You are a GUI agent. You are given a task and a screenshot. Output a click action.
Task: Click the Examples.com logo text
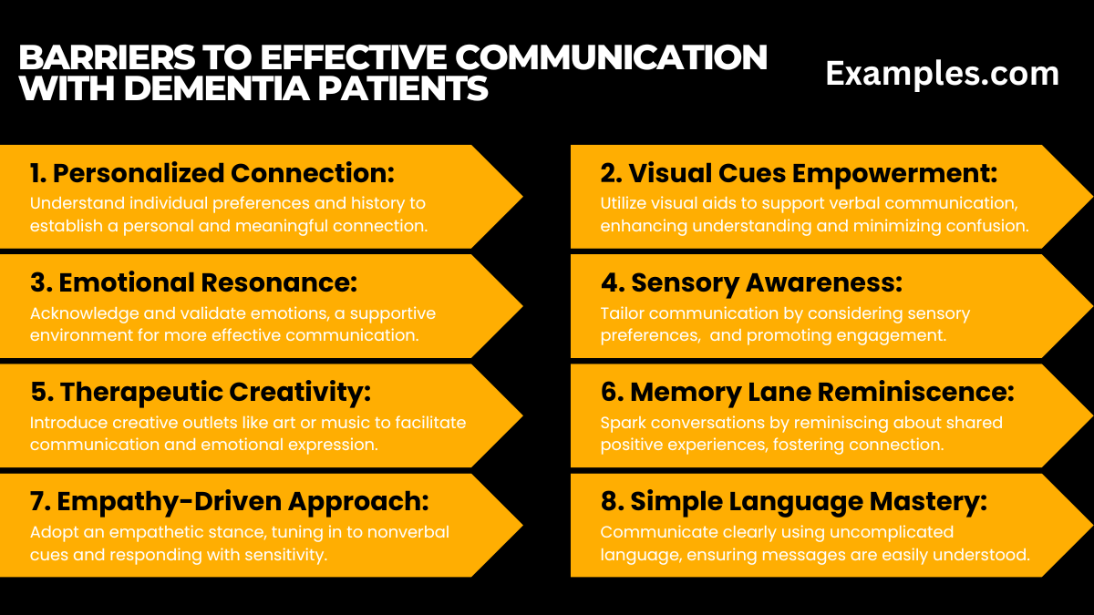click(x=942, y=74)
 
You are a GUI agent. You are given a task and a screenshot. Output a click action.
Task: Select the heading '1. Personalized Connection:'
click(x=212, y=173)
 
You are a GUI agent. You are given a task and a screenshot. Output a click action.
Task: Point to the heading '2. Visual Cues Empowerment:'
click(x=800, y=173)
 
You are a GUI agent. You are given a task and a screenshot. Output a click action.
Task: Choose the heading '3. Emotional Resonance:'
click(x=193, y=282)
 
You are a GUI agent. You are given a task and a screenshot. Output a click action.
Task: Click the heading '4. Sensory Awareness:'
click(x=751, y=283)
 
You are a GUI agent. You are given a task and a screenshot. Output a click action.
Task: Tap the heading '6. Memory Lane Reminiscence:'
click(x=807, y=392)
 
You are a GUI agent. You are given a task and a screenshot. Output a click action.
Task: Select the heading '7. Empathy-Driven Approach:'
click(x=229, y=501)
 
